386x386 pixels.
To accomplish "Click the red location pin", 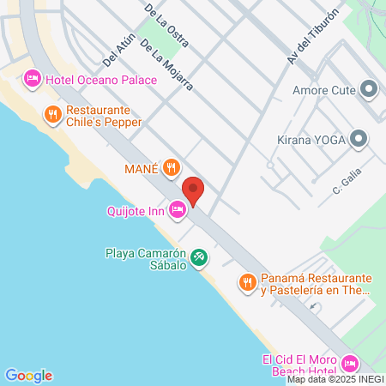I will (x=194, y=190).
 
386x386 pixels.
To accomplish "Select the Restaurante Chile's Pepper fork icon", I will (x=52, y=112).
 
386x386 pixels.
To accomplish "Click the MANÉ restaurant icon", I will (x=172, y=167).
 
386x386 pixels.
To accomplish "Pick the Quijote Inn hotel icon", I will (x=178, y=208).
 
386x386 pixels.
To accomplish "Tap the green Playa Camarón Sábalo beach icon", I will (x=198, y=255).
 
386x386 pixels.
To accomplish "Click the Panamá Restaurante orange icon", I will (x=247, y=280).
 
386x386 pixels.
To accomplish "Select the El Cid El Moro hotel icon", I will (x=348, y=364).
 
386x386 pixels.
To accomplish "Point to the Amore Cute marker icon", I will (x=370, y=88).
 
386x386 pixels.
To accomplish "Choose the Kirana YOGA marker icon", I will (x=359, y=137).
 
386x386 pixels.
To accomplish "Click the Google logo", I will (x=28, y=375).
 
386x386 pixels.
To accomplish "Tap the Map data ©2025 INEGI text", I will (x=335, y=379).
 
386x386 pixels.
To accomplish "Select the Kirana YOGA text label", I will (x=311, y=138).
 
